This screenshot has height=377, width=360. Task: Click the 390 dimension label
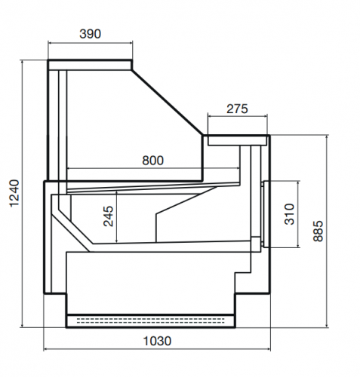90,34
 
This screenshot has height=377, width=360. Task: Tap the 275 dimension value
237,109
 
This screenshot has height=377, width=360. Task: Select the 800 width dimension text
152,161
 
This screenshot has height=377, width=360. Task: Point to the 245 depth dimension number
109,216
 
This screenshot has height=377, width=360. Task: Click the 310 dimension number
289,214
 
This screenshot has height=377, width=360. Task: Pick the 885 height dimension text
318,231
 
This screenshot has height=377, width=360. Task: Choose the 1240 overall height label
14,193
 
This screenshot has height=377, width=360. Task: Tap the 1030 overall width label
157,341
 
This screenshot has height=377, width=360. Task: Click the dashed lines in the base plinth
150,320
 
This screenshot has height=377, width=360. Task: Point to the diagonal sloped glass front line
168,103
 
